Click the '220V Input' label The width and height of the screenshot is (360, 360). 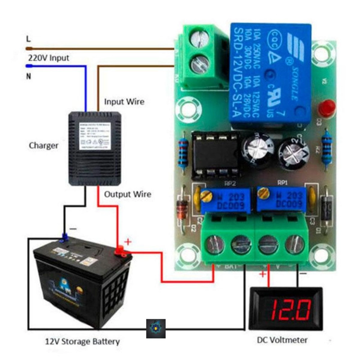click(48, 58)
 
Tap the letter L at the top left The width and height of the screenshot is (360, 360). click(28, 39)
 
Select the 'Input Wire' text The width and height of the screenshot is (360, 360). click(124, 102)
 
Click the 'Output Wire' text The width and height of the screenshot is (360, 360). click(128, 194)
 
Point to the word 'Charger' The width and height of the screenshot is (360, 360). click(44, 145)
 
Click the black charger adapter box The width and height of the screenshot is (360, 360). click(95, 148)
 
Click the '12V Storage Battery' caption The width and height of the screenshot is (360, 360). click(82, 342)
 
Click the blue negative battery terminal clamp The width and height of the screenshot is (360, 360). click(64, 237)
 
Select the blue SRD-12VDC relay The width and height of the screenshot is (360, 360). click(270, 75)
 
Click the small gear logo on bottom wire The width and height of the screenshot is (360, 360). click(156, 328)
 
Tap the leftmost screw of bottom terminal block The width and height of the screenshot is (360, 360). click(215, 245)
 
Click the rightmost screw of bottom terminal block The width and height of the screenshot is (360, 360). click(295, 244)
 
